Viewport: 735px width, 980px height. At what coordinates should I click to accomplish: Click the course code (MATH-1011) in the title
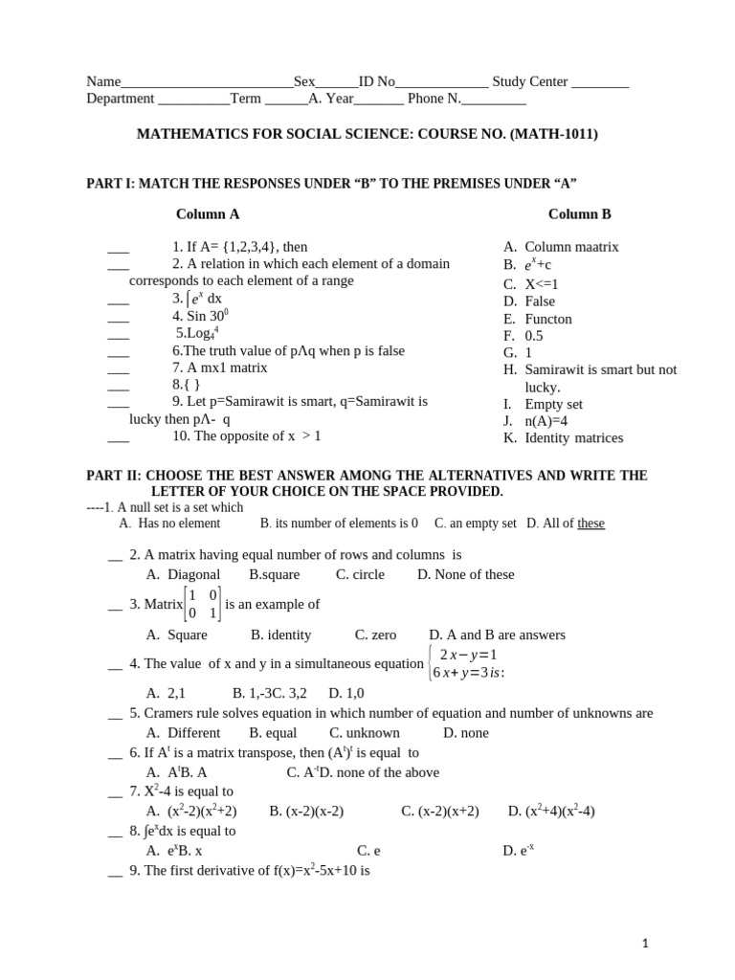[553, 135]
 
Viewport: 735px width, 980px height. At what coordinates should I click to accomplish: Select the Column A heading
[208, 214]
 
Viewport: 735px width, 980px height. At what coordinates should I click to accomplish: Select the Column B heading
[579, 214]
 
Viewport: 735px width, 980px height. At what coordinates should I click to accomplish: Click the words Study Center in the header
[529, 82]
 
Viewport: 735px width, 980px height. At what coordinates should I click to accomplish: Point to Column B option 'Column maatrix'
[571, 247]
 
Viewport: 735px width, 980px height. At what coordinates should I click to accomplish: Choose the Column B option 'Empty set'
[553, 404]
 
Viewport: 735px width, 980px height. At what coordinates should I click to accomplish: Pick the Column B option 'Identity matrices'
[573, 438]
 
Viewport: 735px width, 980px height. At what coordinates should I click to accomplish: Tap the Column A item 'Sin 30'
[200, 316]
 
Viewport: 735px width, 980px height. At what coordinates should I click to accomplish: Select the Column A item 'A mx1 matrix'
[219, 367]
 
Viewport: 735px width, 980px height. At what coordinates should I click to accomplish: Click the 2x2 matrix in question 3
[203, 605]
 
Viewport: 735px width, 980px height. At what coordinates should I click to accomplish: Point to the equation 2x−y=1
[467, 655]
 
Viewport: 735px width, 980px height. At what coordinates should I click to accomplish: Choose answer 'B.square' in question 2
[274, 574]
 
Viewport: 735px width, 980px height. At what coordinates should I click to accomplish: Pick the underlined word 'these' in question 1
[590, 523]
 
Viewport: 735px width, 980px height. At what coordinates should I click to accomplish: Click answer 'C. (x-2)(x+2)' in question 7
[439, 811]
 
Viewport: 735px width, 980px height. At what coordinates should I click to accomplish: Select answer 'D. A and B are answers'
[497, 635]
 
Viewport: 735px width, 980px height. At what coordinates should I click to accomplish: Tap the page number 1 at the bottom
[646, 944]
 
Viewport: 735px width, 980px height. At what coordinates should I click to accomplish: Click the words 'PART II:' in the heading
[113, 476]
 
